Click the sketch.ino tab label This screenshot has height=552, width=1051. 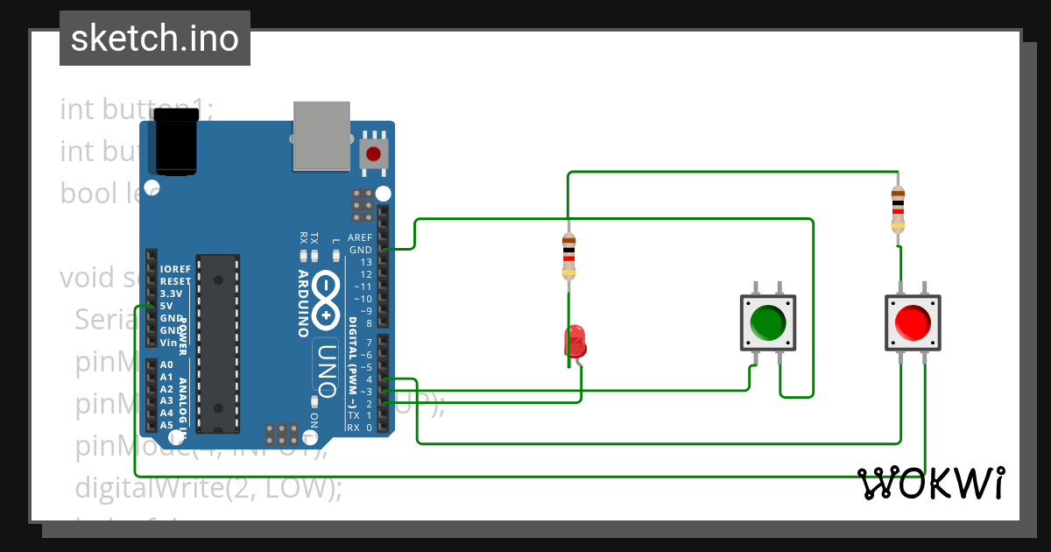point(154,39)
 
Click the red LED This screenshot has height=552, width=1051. point(575,341)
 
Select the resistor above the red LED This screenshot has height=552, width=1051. point(569,256)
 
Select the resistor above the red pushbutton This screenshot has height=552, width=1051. point(898,209)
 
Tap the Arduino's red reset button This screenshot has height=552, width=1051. point(374,154)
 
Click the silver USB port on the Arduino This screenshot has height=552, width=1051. point(321,135)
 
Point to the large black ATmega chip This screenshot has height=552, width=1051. point(217,343)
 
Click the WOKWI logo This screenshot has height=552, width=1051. point(930,483)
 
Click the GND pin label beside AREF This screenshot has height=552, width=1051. point(360,250)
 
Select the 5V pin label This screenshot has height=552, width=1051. point(166,306)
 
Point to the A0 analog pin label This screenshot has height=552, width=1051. point(166,364)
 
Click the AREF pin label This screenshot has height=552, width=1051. point(360,237)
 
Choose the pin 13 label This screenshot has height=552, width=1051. point(365,262)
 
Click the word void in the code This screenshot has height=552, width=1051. point(88,278)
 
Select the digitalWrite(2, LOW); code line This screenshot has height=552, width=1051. point(208,487)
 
